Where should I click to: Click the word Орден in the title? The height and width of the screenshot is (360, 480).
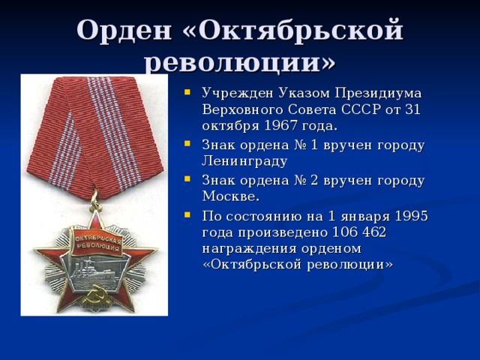124,30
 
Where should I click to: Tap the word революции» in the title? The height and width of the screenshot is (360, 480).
240,62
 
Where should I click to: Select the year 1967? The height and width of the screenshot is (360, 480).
280,125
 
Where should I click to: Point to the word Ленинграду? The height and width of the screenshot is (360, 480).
244,160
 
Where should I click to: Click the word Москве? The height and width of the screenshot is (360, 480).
231,196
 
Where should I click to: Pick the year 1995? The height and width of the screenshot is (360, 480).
411,216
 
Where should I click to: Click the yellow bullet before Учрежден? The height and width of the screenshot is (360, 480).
187,91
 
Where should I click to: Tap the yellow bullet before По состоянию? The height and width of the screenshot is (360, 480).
187,214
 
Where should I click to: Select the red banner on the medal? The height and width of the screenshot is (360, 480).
96,242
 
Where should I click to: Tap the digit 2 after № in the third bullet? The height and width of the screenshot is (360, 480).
314,180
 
